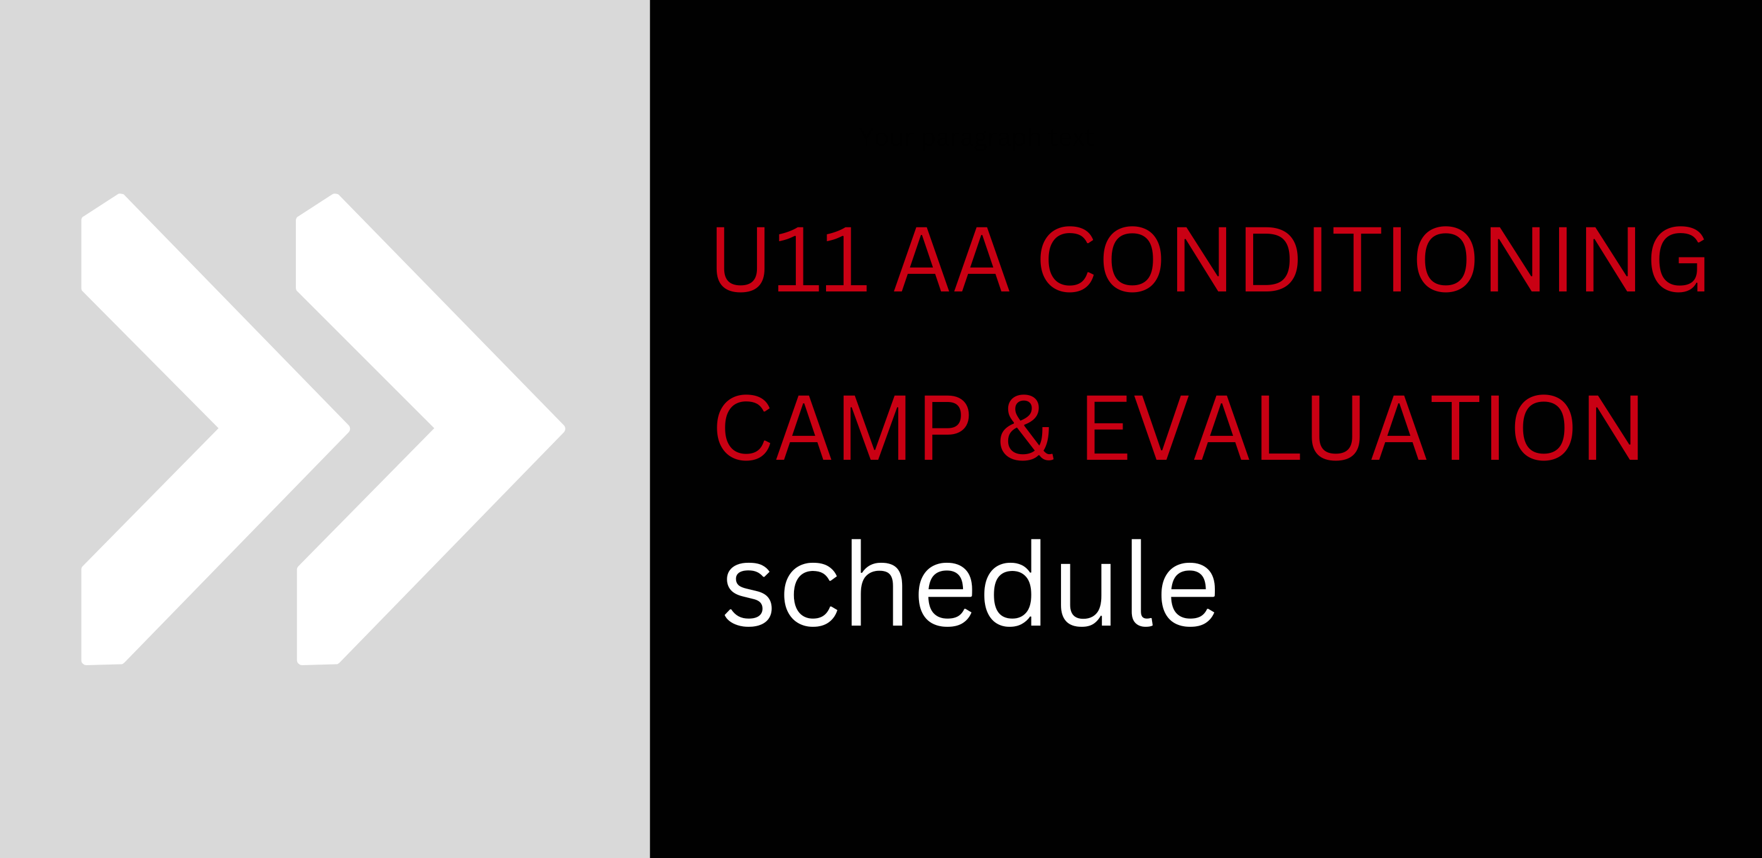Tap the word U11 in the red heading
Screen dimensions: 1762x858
point(791,259)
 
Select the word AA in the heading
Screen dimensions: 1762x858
point(952,259)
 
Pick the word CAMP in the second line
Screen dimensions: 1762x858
point(843,428)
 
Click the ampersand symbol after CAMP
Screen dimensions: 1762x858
point(1026,428)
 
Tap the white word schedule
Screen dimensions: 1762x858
point(970,583)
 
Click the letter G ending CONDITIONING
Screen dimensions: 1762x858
point(1678,259)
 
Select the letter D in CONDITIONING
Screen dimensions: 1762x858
point(1271,259)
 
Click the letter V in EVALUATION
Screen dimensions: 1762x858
point(1161,428)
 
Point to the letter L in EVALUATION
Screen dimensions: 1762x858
point(1280,428)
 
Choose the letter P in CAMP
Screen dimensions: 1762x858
point(947,428)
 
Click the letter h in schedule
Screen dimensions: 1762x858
point(877,582)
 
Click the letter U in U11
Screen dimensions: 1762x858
point(740,259)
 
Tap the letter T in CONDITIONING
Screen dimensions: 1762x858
point(1357,259)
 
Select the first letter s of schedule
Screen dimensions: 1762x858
point(748,595)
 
